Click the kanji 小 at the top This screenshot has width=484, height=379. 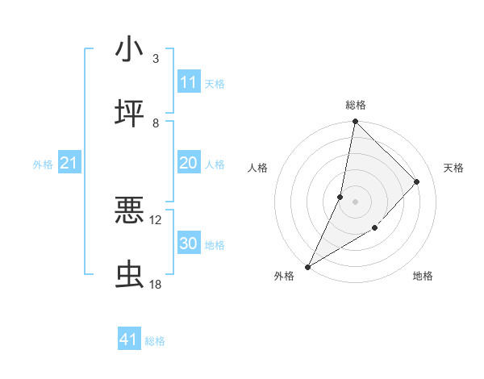click(129, 50)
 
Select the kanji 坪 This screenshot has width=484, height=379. click(129, 114)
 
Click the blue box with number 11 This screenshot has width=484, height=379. click(189, 82)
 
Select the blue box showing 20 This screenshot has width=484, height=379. click(189, 163)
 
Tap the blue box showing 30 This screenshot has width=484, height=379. click(189, 244)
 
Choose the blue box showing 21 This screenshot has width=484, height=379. click(69, 164)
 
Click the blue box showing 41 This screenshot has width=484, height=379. click(129, 339)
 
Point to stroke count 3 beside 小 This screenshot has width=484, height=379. click(156, 59)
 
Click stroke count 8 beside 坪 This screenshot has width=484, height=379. click(156, 123)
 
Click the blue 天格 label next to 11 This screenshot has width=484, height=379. click(215, 83)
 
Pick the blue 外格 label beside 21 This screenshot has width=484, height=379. click(43, 165)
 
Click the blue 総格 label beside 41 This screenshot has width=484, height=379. click(155, 341)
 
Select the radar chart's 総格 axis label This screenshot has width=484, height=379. click(356, 105)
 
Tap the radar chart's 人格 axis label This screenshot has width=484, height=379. click(257, 168)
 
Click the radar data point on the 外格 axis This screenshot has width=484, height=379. click(307, 266)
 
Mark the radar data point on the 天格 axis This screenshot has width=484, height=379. click(417, 181)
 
